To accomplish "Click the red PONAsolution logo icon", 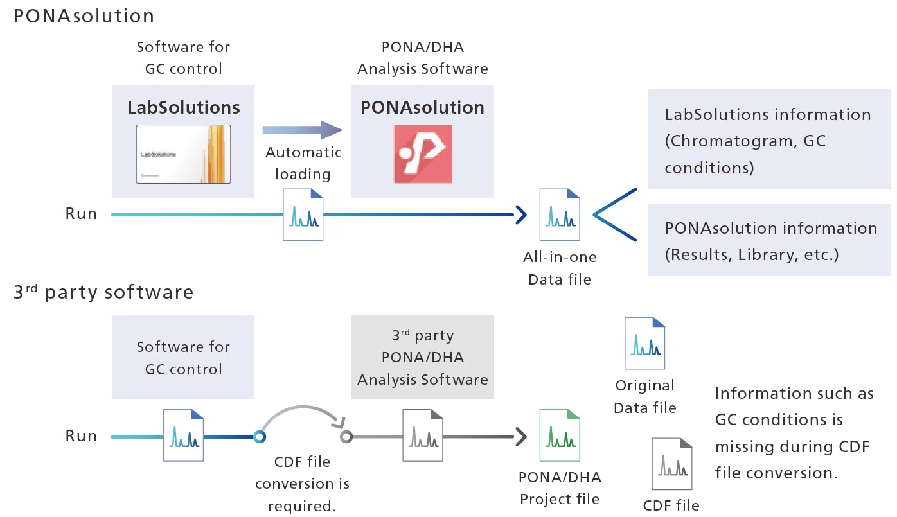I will tap(423, 155).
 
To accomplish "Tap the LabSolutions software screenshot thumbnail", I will tap(183, 154).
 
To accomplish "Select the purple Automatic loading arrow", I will tap(303, 130).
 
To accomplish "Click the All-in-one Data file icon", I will tap(559, 215).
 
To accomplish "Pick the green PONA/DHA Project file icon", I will tap(559, 436).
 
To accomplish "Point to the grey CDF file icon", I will tap(671, 464).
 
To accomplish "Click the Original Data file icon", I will tap(644, 343).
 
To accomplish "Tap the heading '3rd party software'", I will tap(103, 292).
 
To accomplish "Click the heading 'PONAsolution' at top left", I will tap(84, 15).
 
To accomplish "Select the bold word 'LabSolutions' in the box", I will tap(184, 107).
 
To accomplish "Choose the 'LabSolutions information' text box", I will tap(768, 141).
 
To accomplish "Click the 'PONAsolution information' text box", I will tap(768, 241).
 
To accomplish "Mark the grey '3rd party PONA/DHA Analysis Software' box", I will tap(423, 357).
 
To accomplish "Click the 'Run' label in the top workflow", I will tap(82, 214).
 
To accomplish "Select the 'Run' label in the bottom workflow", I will tap(82, 436).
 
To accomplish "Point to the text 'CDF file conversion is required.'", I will tap(302, 483).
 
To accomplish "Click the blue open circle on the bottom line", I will tap(260, 437).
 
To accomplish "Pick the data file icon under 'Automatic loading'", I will tap(303, 215).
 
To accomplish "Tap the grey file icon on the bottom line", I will tap(423, 436).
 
